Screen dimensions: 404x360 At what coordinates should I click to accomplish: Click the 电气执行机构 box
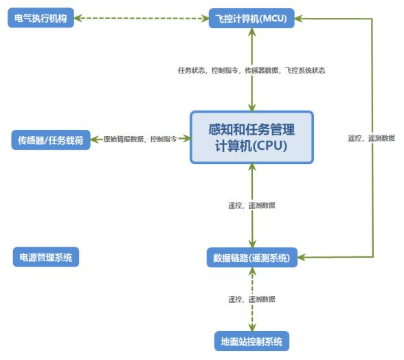[41, 18]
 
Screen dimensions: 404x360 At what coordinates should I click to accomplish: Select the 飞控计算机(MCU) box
[251, 19]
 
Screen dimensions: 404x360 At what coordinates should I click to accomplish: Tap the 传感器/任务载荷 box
[51, 140]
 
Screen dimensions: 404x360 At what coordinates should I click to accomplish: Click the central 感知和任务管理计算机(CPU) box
[251, 137]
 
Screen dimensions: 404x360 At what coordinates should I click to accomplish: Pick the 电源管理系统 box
[46, 257]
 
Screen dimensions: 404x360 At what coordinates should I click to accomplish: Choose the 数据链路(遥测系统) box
[252, 258]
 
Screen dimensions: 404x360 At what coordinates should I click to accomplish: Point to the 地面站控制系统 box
[251, 341]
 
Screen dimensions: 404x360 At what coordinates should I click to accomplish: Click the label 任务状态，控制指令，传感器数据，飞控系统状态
[251, 70]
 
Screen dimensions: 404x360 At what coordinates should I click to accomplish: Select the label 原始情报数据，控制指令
[140, 139]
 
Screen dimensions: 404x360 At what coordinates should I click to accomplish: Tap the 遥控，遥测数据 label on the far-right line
[371, 138]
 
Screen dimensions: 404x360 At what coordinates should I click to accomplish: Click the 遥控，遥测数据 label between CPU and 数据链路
[251, 205]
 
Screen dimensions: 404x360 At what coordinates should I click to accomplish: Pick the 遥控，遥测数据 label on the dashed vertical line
[251, 299]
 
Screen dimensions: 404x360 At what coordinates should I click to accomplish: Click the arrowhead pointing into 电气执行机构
[78, 18]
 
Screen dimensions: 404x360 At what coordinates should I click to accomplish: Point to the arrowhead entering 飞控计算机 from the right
[299, 19]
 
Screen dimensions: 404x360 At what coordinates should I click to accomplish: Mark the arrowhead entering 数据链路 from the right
[302, 257]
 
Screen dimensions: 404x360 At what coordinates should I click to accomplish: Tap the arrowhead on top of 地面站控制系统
[252, 328]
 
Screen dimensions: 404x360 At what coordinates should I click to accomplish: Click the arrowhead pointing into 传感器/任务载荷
[95, 139]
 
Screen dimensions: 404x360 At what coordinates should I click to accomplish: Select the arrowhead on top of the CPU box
[252, 107]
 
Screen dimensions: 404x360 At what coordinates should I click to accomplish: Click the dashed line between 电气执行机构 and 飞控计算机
[142, 19]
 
